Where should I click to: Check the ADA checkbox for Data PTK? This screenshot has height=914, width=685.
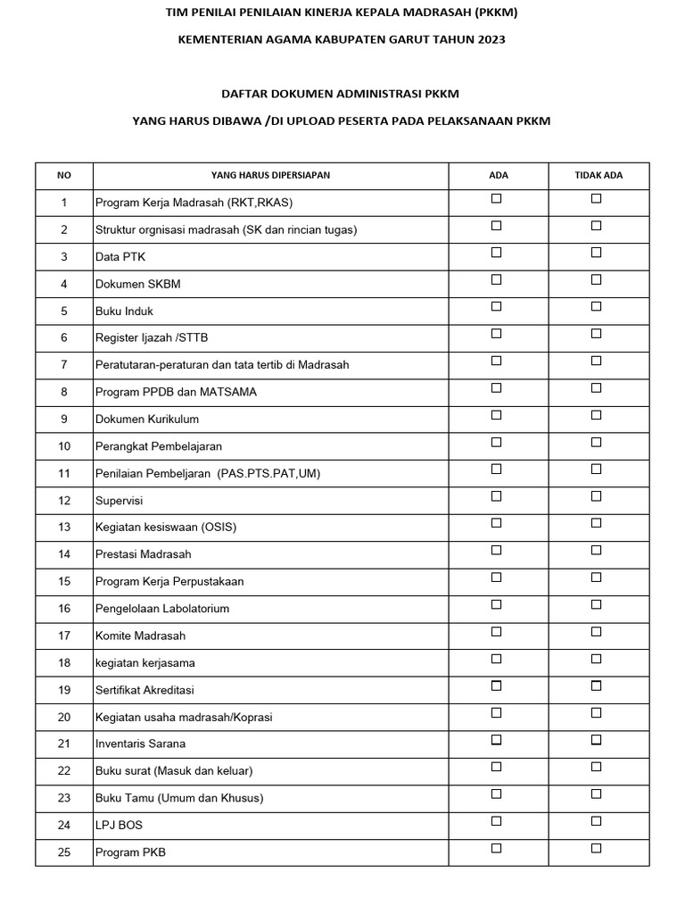(x=497, y=253)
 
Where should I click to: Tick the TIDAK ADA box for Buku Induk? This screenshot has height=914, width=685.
(x=597, y=306)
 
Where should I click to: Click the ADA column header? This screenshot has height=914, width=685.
(x=499, y=175)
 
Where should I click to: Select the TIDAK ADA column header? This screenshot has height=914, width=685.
(x=598, y=175)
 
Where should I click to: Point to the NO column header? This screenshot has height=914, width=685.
(x=64, y=175)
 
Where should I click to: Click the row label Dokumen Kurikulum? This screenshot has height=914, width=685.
(x=147, y=419)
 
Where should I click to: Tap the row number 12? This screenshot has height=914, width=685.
(x=64, y=501)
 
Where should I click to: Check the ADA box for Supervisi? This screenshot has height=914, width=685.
(x=497, y=496)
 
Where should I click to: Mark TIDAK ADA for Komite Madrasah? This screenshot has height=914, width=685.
(x=597, y=632)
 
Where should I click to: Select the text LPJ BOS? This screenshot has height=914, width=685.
(x=119, y=826)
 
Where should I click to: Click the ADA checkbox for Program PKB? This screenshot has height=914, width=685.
(x=497, y=848)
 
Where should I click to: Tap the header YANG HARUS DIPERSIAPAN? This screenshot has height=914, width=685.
(x=270, y=175)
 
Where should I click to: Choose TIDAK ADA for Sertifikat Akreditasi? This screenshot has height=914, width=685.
(x=597, y=685)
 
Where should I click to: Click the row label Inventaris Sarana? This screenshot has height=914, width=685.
(x=140, y=744)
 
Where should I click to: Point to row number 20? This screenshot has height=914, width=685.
(x=64, y=717)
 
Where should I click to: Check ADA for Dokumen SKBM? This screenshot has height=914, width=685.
(x=497, y=279)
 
